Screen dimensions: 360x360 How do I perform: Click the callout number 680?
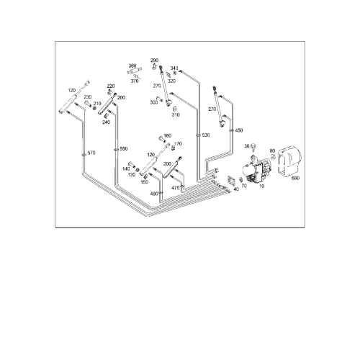point(295,179)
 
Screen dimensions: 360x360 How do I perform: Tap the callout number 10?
point(261,186)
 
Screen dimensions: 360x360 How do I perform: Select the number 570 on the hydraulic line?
point(91,153)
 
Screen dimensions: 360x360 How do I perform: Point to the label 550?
point(124,149)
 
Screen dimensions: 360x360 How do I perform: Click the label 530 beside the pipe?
point(206,135)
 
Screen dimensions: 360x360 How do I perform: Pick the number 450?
point(239,130)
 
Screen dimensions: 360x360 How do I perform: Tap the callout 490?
point(154,194)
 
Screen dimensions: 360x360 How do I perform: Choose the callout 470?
point(176,188)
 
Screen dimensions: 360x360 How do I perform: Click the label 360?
point(132,66)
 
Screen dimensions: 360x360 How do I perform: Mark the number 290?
point(155,60)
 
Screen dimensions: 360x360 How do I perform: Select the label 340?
point(174,68)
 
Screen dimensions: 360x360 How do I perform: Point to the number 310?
point(176,114)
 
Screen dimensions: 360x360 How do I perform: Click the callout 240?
point(106,122)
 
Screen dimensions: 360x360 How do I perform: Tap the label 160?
point(167,136)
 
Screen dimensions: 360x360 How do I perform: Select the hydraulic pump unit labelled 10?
point(256,170)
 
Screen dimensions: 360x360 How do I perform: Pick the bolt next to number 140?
point(132,165)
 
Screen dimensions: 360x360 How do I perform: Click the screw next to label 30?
point(253,148)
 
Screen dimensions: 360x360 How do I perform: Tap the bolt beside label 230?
point(88,104)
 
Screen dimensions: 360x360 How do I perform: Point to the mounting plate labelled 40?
point(231,181)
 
